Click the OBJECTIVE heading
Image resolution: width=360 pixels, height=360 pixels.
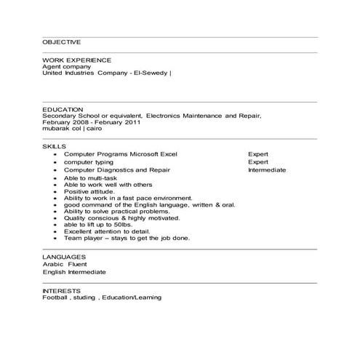pyautogui.click(x=61, y=43)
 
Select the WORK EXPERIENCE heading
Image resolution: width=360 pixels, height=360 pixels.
pyautogui.click(x=76, y=59)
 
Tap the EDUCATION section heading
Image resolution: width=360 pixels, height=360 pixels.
pyautogui.click(x=63, y=109)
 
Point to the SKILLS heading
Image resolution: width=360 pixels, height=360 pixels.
pyautogui.click(x=54, y=146)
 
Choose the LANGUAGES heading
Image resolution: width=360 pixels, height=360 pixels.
pyautogui.click(x=65, y=257)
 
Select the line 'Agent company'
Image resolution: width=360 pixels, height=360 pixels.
pyautogui.click(x=66, y=65)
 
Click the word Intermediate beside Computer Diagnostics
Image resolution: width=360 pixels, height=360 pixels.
pyautogui.click(x=267, y=170)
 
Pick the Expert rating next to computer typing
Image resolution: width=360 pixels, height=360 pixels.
pyautogui.click(x=258, y=162)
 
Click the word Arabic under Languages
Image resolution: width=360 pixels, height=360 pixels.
pyautogui.click(x=52, y=264)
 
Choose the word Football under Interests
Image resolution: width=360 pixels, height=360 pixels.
pyautogui.click(x=55, y=297)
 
